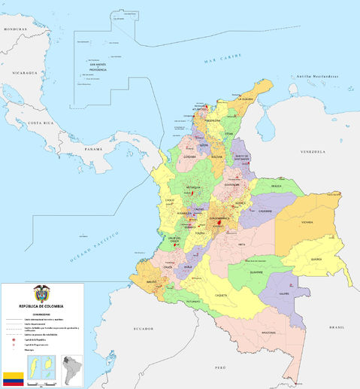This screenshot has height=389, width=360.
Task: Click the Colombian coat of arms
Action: coord(41,293)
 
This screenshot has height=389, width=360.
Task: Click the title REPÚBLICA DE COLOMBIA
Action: coord(41,305)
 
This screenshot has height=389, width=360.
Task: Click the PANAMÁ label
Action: coord(93,149)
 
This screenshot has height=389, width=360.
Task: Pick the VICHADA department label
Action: coord(308,223)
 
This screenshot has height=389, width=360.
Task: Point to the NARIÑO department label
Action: coord(152,282)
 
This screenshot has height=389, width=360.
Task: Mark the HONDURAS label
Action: coord(14,29)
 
